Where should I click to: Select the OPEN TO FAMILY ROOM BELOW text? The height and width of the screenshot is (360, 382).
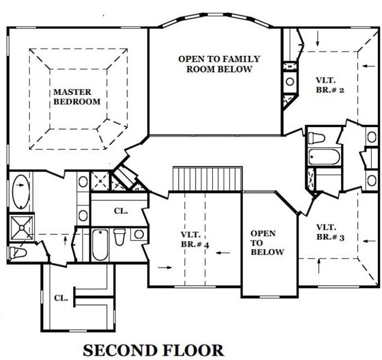point(219,64)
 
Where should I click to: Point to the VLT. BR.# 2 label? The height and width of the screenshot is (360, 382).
point(329,85)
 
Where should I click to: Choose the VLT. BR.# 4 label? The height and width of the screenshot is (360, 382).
point(194,239)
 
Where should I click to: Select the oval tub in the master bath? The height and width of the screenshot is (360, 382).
point(19,190)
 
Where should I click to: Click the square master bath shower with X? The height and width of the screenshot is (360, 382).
point(19,228)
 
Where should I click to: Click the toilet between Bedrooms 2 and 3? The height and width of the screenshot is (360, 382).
point(317,138)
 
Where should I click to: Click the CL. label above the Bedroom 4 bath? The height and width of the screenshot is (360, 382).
point(119,211)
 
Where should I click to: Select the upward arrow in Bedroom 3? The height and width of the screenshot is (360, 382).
point(320,263)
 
